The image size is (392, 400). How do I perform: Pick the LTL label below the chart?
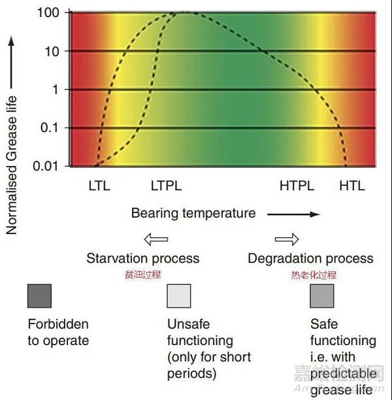(99, 186)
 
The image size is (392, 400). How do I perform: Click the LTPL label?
(167, 186)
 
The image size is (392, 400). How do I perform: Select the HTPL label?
(297, 186)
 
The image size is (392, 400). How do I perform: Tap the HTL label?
(352, 186)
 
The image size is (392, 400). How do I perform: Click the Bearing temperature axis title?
(193, 213)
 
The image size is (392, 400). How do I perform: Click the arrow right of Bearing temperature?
(294, 214)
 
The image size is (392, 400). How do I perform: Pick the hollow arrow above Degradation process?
(286, 239)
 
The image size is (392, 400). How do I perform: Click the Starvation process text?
(142, 258)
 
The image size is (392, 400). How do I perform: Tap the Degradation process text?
(310, 258)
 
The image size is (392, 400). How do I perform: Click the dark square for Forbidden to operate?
(39, 296)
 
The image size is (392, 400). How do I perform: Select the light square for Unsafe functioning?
(179, 296)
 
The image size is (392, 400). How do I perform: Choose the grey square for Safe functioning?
(322, 296)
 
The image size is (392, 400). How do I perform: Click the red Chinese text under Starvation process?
(142, 275)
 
